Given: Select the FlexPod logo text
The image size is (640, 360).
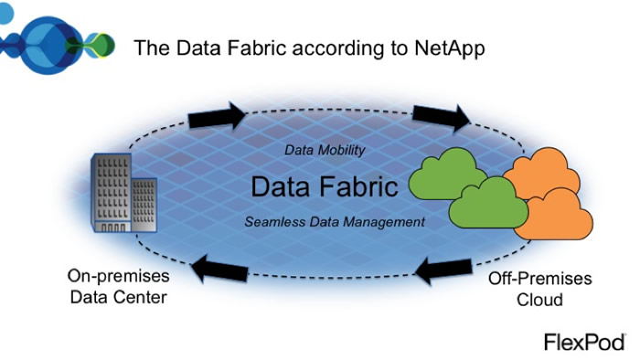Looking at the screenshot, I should [584, 343].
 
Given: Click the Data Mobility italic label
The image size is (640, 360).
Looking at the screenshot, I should [325, 150].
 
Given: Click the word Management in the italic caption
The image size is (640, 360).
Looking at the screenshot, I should [387, 222].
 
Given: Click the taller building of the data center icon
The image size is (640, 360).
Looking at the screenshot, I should [109, 192].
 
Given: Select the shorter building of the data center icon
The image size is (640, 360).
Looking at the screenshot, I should [143, 202].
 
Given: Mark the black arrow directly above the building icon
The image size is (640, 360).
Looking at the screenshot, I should [217, 116].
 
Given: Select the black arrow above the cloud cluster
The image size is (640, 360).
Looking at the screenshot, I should [440, 114].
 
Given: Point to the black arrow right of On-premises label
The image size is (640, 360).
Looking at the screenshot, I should [220, 269].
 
